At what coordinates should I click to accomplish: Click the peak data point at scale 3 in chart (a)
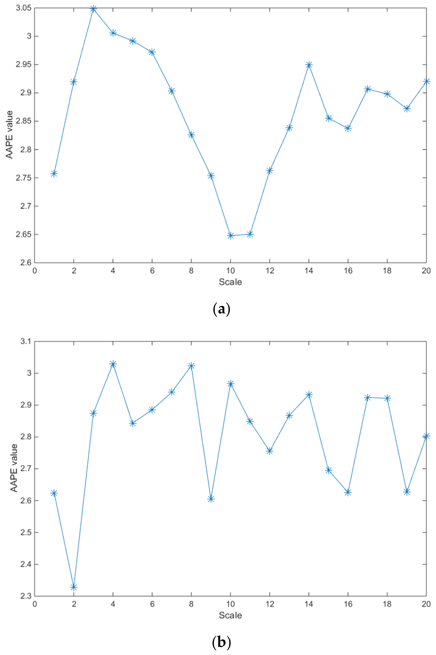[x=93, y=9]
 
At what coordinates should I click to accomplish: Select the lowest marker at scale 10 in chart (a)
[x=231, y=236]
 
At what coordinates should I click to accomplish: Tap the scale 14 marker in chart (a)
[x=309, y=65]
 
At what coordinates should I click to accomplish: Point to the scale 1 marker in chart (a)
[x=54, y=174]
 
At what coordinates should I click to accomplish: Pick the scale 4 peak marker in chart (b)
[x=113, y=364]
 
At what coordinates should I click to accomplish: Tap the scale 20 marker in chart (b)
[x=426, y=436]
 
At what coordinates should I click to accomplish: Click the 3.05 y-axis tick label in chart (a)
[x=23, y=8]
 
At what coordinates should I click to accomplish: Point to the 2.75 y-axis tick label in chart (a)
[x=23, y=178]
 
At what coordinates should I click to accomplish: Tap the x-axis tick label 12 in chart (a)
[x=270, y=270]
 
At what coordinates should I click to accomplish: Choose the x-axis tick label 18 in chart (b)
[x=387, y=604]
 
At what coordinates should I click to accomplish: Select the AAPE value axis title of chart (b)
[x=14, y=468]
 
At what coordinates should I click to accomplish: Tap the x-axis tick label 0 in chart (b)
[x=35, y=604]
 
